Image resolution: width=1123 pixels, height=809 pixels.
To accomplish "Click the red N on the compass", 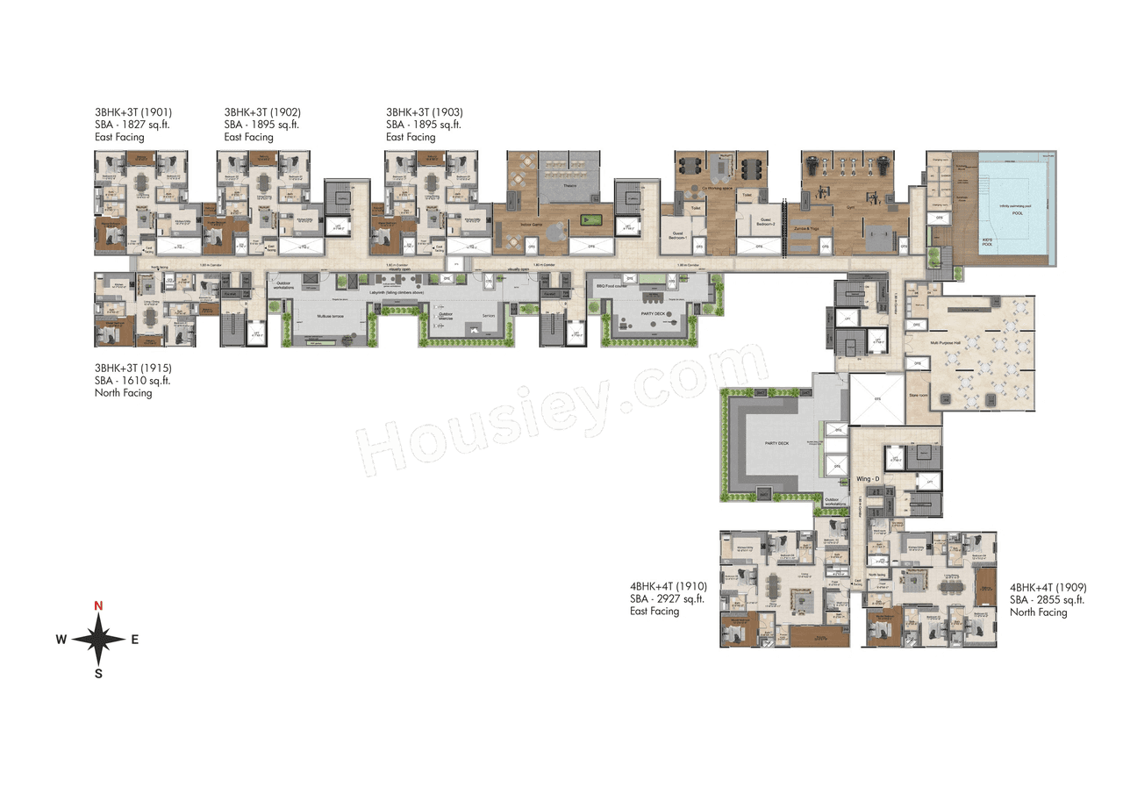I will [x=99, y=605].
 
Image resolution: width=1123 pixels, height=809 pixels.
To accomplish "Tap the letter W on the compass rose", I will [x=61, y=640].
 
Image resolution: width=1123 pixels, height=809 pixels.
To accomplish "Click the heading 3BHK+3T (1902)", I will [x=262, y=112].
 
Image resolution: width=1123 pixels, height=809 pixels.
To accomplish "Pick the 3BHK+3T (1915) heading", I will [x=132, y=369].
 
